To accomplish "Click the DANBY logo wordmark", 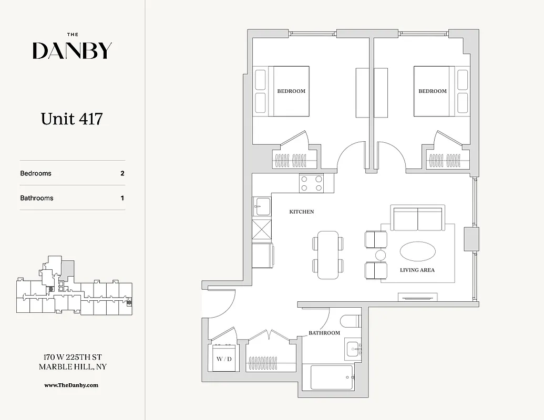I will click(x=72, y=50).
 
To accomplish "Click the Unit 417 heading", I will click(x=71, y=119).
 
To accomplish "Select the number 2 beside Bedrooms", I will click(x=122, y=173).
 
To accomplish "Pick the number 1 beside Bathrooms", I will click(x=122, y=198).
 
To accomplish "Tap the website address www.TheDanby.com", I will click(x=71, y=385).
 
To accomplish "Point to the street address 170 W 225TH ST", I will click(x=73, y=357).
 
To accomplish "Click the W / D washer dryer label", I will click(x=224, y=359).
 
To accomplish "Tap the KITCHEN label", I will click(x=302, y=212).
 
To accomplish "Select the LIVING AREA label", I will click(x=417, y=270).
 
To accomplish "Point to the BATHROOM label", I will click(x=324, y=333).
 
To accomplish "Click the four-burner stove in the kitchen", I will click(x=311, y=183).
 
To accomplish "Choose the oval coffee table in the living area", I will click(x=417, y=251).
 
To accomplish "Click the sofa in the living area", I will click(x=418, y=218).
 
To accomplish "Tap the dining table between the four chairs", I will click(x=328, y=255).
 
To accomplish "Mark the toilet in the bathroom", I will click(x=350, y=320).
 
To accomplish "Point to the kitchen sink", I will click(x=261, y=206).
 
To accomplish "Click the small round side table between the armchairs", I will click(x=381, y=255).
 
